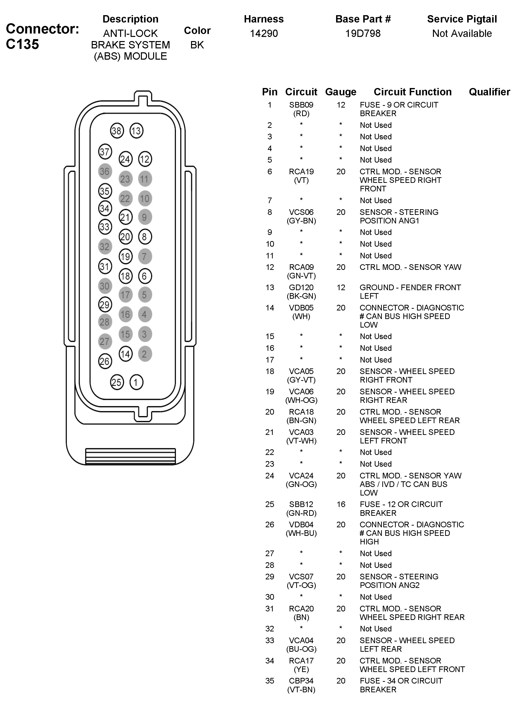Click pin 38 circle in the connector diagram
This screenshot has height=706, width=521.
click(117, 131)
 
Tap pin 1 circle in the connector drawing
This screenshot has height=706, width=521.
click(136, 382)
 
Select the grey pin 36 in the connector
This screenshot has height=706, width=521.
click(105, 171)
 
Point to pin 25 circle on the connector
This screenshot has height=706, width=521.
click(117, 382)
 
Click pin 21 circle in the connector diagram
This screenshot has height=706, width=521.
click(125, 217)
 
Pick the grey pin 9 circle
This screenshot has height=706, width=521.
click(145, 217)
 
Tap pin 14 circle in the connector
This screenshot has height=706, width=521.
click(125, 354)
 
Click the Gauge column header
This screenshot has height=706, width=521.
click(340, 92)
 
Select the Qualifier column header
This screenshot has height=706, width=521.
click(489, 92)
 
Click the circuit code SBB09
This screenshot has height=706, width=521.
click(301, 105)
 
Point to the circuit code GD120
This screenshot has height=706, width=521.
click(301, 287)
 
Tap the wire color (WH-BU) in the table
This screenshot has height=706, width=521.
click(301, 533)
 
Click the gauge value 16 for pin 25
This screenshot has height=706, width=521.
click(340, 504)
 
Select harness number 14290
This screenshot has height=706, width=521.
click(264, 33)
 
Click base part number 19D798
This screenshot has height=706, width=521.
click(363, 33)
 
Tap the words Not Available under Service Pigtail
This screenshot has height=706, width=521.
click(462, 33)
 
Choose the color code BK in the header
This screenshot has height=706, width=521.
click(197, 45)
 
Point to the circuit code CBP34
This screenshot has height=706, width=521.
click(301, 681)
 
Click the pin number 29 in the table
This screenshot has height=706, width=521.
click(270, 576)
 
